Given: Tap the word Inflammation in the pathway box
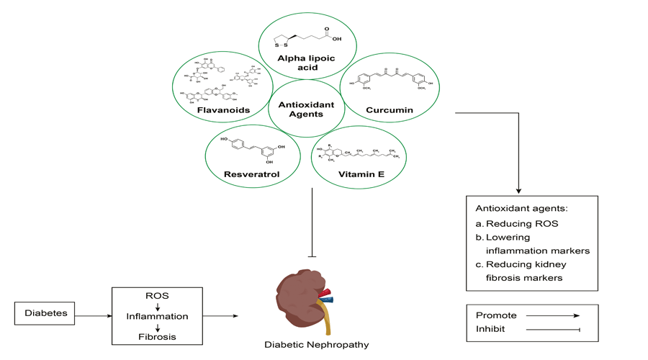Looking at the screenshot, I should point(157,316).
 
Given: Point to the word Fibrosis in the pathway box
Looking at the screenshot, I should point(157,336).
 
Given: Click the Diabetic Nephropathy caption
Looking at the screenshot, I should point(317,344).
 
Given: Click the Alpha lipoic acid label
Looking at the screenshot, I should point(301,63).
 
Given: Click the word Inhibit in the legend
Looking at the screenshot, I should point(491,329).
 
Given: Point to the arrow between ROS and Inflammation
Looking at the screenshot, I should point(157,306).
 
